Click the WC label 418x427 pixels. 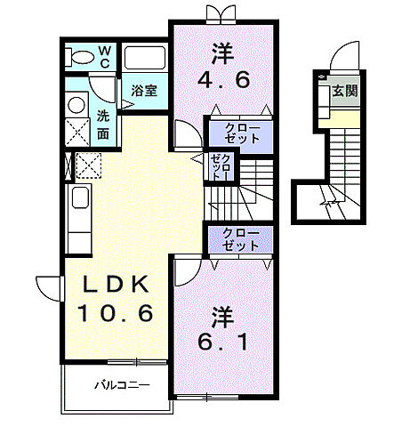pyautogui.click(x=105, y=57)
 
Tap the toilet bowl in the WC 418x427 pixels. pyautogui.click(x=81, y=57)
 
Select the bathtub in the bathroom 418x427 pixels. pyautogui.click(x=144, y=58)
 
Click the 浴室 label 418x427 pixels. pyautogui.click(x=144, y=91)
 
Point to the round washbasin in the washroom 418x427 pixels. pyautogui.click(x=76, y=105)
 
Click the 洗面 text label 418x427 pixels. pyautogui.click(x=103, y=125)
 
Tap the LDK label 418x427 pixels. pyautogui.click(x=116, y=285)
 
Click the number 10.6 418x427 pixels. pyautogui.click(x=116, y=313)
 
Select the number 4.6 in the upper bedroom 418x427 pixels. pyautogui.click(x=223, y=79)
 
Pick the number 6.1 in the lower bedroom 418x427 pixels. pyautogui.click(x=222, y=342)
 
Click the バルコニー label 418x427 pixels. pyautogui.click(x=122, y=385)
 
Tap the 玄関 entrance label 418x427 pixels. pyautogui.click(x=345, y=91)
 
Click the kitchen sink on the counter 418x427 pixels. pyautogui.click(x=80, y=197)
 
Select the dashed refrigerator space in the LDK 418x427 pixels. pyautogui.click(x=88, y=165)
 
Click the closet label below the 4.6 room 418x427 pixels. pyautogui.click(x=242, y=133)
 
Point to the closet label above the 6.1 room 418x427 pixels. pyautogui.click(x=241, y=239)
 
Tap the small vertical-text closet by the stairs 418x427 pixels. pyautogui.click(x=221, y=167)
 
